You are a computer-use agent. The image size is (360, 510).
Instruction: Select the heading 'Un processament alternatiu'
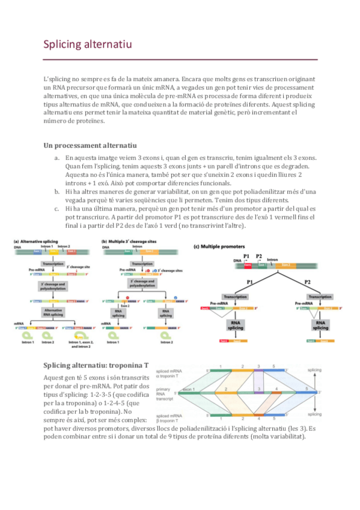point(90,145)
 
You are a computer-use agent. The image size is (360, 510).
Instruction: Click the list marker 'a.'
point(57,158)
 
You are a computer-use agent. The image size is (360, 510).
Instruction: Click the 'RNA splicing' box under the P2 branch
point(320,325)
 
